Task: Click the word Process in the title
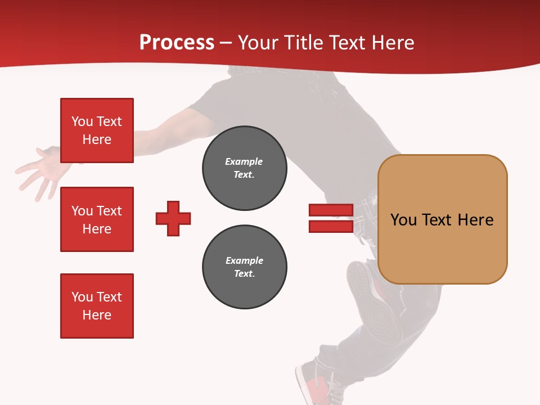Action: (x=177, y=43)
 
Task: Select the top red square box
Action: (x=97, y=130)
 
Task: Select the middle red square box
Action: (x=97, y=219)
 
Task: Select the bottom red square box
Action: (x=97, y=306)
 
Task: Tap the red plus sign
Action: (x=173, y=218)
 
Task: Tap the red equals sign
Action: (x=331, y=218)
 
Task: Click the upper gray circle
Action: (x=244, y=168)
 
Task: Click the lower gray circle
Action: (x=244, y=267)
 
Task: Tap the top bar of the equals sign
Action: (x=331, y=210)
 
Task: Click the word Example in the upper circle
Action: (x=244, y=161)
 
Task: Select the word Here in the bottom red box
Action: (x=97, y=315)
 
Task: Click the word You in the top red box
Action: (x=82, y=121)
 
